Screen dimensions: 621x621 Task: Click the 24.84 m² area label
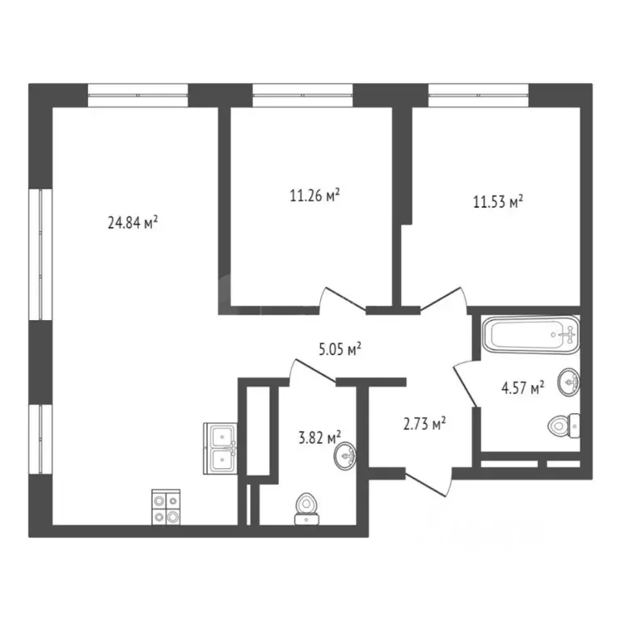(132, 222)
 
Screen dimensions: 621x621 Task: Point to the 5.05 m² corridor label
(338, 349)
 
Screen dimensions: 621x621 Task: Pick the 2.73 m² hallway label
(424, 423)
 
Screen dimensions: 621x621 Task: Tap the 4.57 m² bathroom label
(521, 388)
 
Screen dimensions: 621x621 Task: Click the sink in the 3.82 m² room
(346, 457)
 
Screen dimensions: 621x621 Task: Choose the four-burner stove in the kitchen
(167, 507)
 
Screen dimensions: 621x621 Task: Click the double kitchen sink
(220, 448)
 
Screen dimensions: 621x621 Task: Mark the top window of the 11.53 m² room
(478, 95)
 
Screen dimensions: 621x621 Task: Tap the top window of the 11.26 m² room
(302, 95)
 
